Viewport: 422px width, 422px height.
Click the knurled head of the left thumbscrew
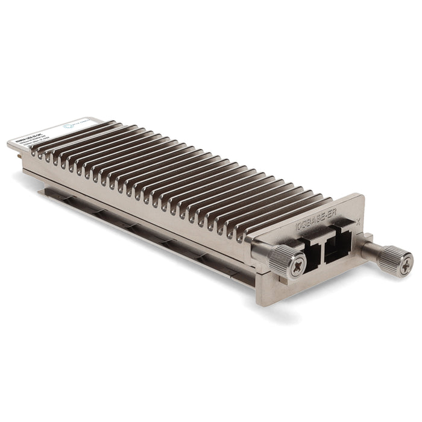coord(279,260)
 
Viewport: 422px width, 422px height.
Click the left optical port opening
coord(312,248)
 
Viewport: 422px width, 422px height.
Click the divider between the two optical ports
coord(324,246)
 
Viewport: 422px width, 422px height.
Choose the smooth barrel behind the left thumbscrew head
coord(260,253)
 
